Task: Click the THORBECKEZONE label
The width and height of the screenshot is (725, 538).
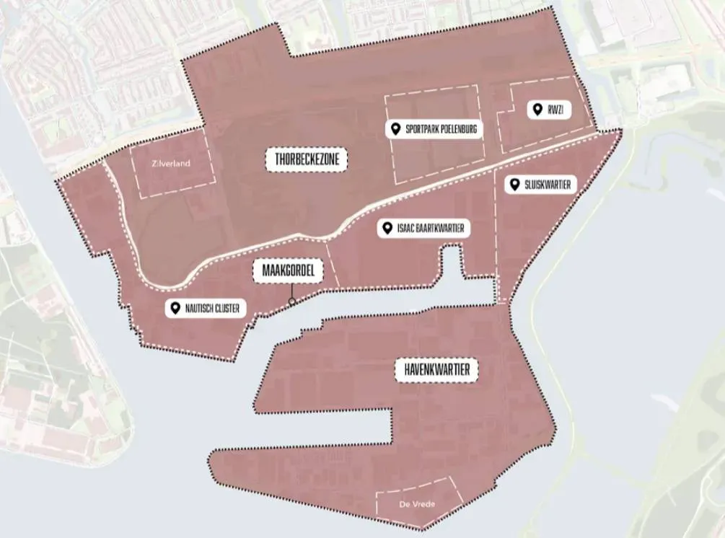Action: [307, 159]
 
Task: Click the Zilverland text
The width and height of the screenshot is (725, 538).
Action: [171, 164]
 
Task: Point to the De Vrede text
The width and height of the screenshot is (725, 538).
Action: [417, 503]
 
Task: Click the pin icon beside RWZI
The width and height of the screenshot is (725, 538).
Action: [536, 110]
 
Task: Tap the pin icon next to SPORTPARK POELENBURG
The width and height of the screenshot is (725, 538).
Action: [395, 129]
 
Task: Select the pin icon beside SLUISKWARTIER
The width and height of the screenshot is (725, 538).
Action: [514, 185]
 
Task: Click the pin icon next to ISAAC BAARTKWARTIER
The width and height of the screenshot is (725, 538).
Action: [387, 229]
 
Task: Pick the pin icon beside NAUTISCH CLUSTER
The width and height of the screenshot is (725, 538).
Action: [175, 309]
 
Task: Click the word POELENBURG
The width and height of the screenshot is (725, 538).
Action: [458, 130]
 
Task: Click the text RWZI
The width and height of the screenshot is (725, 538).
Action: [555, 110]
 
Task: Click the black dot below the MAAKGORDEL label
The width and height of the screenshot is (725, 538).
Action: [291, 301]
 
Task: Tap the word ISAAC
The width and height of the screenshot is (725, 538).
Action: [405, 229]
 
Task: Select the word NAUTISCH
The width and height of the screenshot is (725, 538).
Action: [199, 309]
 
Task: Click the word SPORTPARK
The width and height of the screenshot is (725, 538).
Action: [422, 130]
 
